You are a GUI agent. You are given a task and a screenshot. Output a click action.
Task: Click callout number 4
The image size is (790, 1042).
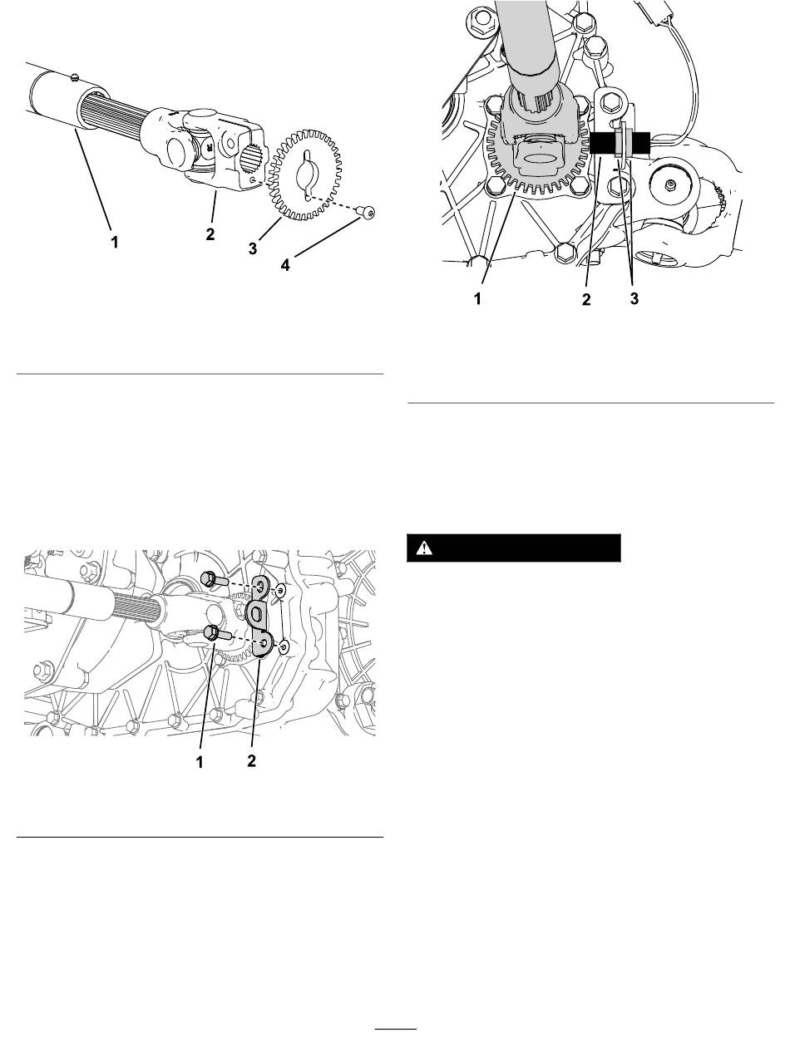coord(285,265)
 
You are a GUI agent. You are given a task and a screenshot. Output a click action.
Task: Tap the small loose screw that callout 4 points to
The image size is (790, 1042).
coord(368,211)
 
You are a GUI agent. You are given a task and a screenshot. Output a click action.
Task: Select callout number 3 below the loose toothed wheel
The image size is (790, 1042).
coord(253,248)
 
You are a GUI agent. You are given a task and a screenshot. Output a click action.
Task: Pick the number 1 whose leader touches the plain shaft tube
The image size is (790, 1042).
coord(114,242)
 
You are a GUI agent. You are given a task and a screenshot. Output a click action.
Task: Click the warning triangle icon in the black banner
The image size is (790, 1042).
coord(424,548)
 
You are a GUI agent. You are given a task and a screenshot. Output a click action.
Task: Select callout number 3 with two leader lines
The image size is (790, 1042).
coord(634,298)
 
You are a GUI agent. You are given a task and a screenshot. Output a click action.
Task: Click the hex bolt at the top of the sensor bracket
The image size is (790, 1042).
coord(610,102)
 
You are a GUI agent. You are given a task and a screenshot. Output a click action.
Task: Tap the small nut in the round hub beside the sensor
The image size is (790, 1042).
coord(669,183)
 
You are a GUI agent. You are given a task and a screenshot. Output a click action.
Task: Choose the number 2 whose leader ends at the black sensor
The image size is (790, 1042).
coord(586,299)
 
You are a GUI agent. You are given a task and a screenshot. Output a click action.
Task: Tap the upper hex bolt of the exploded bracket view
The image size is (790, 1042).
coord(213,579)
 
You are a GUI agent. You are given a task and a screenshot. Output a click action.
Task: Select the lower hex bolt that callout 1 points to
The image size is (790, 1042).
coord(216,634)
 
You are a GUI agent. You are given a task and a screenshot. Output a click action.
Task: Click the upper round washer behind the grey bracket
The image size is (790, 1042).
coord(281,591)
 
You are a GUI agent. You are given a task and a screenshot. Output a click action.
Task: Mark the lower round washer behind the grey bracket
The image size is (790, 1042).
coord(284,646)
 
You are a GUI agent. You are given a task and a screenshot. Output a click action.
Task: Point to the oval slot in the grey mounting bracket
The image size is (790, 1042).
coord(255,613)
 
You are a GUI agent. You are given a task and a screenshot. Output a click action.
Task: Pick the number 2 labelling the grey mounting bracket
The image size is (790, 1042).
coord(251,760)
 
